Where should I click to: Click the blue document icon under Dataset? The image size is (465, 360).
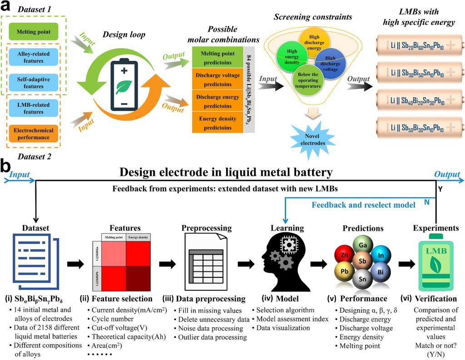click(x=34, y=262)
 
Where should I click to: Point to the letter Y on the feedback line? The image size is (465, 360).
click(x=440, y=187)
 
